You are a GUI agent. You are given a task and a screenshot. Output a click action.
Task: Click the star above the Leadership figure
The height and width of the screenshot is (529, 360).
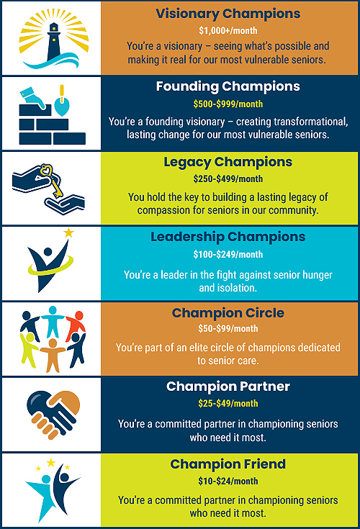pos(69,233)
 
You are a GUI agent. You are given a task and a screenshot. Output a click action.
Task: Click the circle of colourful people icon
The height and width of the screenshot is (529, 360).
pos(53,338)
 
